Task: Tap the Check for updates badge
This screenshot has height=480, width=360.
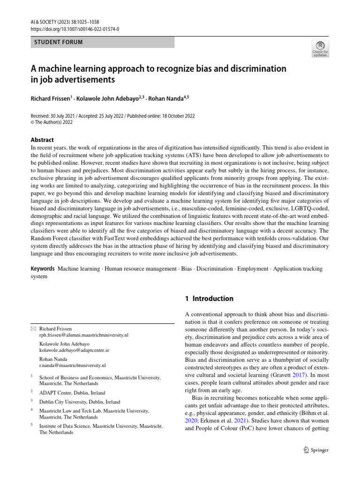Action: click(320, 49)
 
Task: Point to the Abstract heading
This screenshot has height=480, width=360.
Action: click(42, 140)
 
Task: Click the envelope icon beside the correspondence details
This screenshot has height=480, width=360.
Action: click(33, 329)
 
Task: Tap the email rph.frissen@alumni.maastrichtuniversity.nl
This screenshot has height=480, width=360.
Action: click(84, 336)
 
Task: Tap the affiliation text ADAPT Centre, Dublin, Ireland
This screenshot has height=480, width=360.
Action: click(72, 393)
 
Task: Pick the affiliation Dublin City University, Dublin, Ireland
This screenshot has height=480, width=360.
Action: click(80, 402)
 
